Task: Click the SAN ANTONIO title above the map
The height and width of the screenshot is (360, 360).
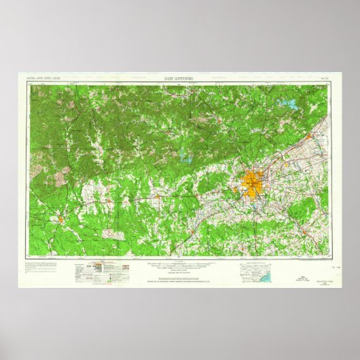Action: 179,79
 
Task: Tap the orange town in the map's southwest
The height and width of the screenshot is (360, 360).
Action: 60,219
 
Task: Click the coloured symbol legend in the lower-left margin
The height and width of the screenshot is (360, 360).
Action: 102,268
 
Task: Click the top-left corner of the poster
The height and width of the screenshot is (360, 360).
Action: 17,71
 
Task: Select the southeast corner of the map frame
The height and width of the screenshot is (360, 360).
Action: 335,257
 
